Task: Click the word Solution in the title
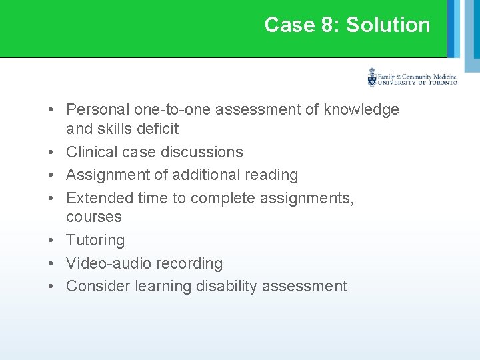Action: [x=388, y=25]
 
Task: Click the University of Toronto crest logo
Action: [x=372, y=78]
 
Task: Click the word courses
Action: [x=94, y=217]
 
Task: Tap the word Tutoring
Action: [x=95, y=240]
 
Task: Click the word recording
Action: [x=190, y=263]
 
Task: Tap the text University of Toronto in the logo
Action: [x=417, y=83]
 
